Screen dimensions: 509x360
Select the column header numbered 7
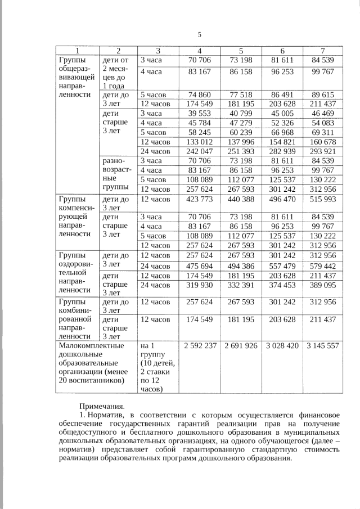coord(323,51)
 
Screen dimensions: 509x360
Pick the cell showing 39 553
coord(200,114)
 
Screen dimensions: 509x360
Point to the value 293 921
coord(323,151)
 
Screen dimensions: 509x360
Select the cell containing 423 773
coord(200,199)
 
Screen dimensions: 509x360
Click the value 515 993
coord(323,199)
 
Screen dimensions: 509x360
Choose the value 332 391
coord(241,285)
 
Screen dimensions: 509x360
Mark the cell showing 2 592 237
coord(200,345)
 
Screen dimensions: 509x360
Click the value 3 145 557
coord(323,345)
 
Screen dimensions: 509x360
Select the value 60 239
coord(241,132)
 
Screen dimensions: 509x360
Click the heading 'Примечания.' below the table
coord(101,405)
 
